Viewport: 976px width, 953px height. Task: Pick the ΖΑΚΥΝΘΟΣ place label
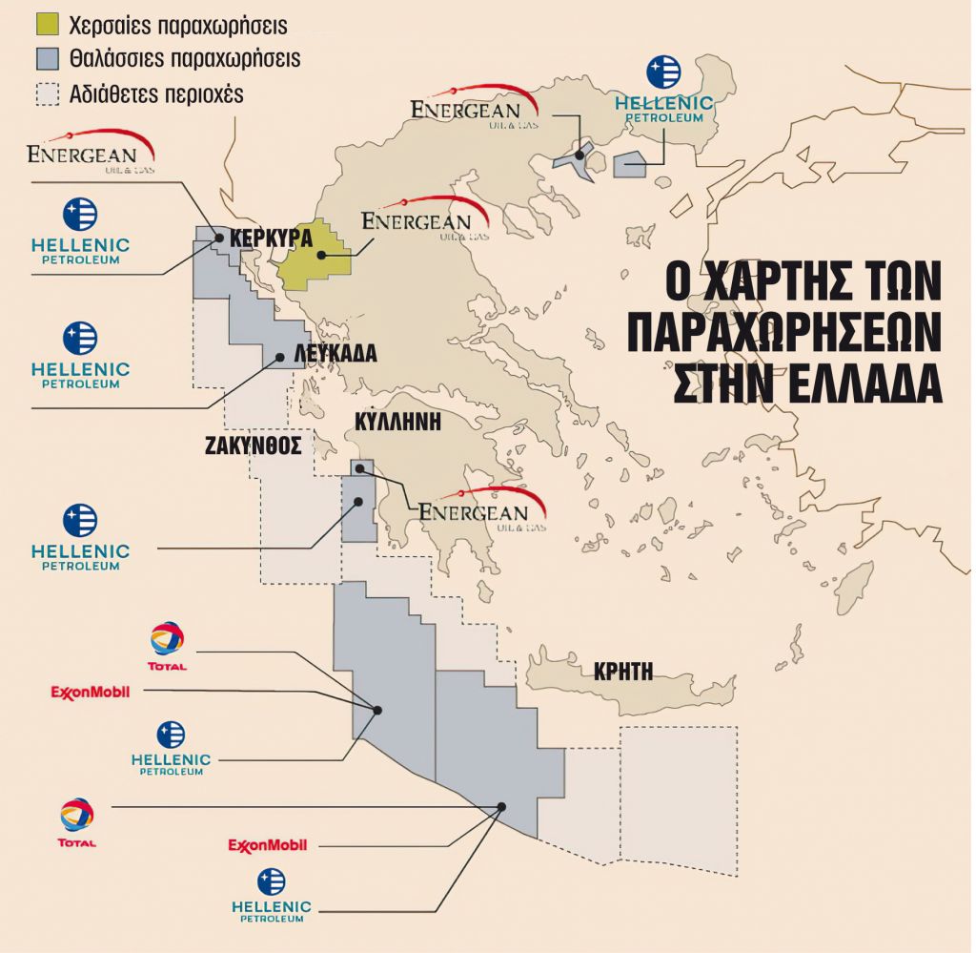tap(253, 445)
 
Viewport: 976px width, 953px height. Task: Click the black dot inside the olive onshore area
tap(322, 255)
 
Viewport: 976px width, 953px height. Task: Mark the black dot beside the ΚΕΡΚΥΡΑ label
tap(218, 238)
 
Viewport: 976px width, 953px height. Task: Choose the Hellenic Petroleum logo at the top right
tap(663, 91)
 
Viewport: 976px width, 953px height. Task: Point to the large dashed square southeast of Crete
tap(679, 799)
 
